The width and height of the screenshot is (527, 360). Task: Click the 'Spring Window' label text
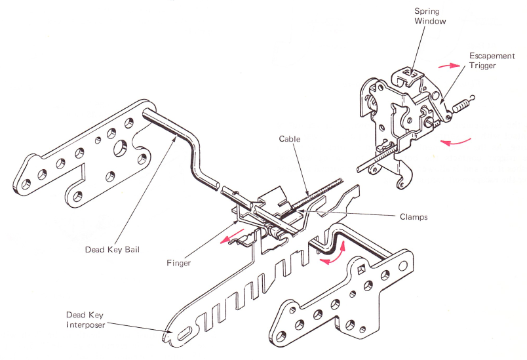coord(430,16)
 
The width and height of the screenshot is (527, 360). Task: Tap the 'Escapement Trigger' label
coord(487,62)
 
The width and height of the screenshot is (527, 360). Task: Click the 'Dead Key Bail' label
coord(112,249)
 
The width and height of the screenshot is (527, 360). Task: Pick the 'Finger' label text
coord(178,263)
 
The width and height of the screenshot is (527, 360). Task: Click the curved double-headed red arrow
coord(334,254)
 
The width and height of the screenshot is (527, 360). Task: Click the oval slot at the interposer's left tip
coord(183,333)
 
